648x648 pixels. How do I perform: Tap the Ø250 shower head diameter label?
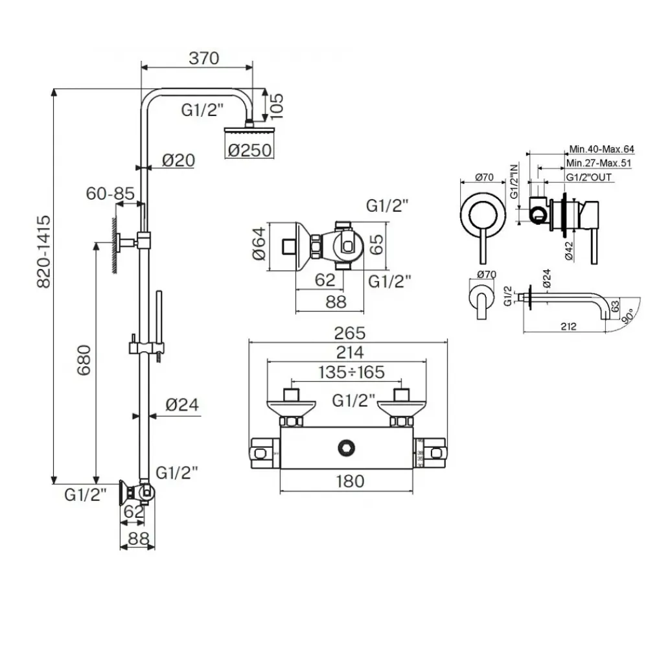(x=249, y=150)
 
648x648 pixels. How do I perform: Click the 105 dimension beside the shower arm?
(x=276, y=103)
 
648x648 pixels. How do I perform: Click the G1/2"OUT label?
(x=588, y=177)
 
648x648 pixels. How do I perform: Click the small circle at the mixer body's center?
(x=347, y=446)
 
